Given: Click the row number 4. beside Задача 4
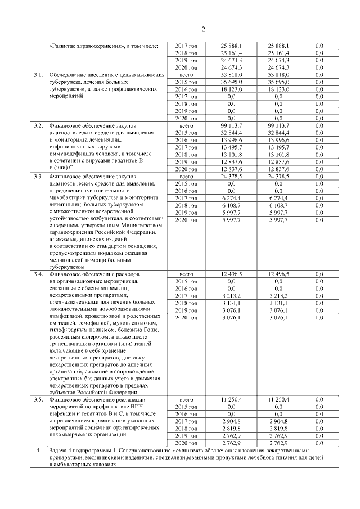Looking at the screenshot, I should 38,451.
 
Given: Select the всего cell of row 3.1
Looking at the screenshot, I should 186,75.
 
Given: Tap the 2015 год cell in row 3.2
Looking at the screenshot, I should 186,133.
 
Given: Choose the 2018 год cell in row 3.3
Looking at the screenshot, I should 186,206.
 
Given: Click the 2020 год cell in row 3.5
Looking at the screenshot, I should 186,443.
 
